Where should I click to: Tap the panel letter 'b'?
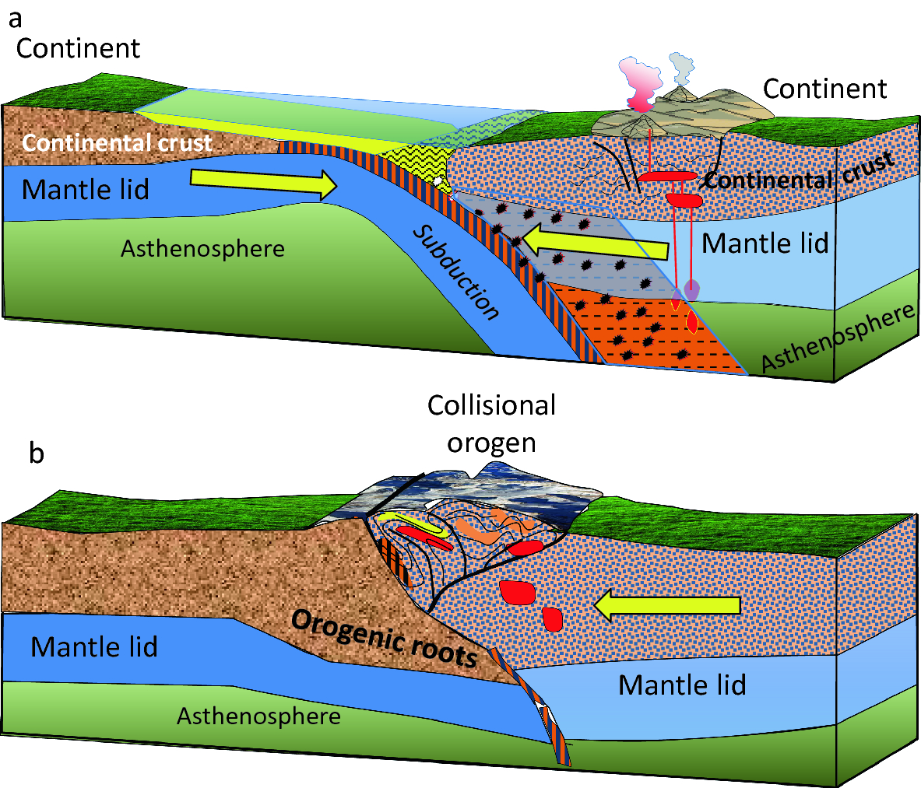click(x=36, y=453)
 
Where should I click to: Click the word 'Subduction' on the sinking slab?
click(x=455, y=273)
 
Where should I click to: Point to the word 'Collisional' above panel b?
click(x=491, y=405)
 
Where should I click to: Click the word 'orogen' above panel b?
click(x=491, y=442)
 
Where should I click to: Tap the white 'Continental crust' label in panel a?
click(x=117, y=143)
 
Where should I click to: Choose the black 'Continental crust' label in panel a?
click(x=798, y=176)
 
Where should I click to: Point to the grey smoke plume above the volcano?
click(x=682, y=69)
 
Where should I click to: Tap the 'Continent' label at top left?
click(x=78, y=48)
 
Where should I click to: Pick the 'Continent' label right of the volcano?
click(x=824, y=89)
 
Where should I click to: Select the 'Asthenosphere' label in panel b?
click(x=258, y=716)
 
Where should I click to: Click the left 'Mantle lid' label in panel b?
click(x=94, y=647)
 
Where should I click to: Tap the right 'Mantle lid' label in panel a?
click(x=765, y=244)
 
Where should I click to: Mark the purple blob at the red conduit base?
click(x=691, y=289)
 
